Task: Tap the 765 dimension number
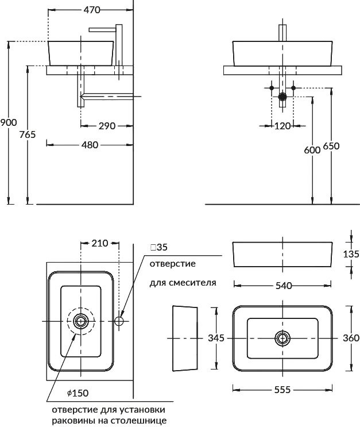28,134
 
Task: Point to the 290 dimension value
107,126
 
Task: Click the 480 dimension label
90,145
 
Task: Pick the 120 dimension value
282,126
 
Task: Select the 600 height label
312,150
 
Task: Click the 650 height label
331,146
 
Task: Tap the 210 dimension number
99,243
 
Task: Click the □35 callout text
158,248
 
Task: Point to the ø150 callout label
78,393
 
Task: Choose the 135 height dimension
351,253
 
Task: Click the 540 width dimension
283,285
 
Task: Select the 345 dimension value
215,338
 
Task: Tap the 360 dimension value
350,338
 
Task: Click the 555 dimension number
282,389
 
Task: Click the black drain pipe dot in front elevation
282,97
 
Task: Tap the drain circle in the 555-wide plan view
282,337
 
